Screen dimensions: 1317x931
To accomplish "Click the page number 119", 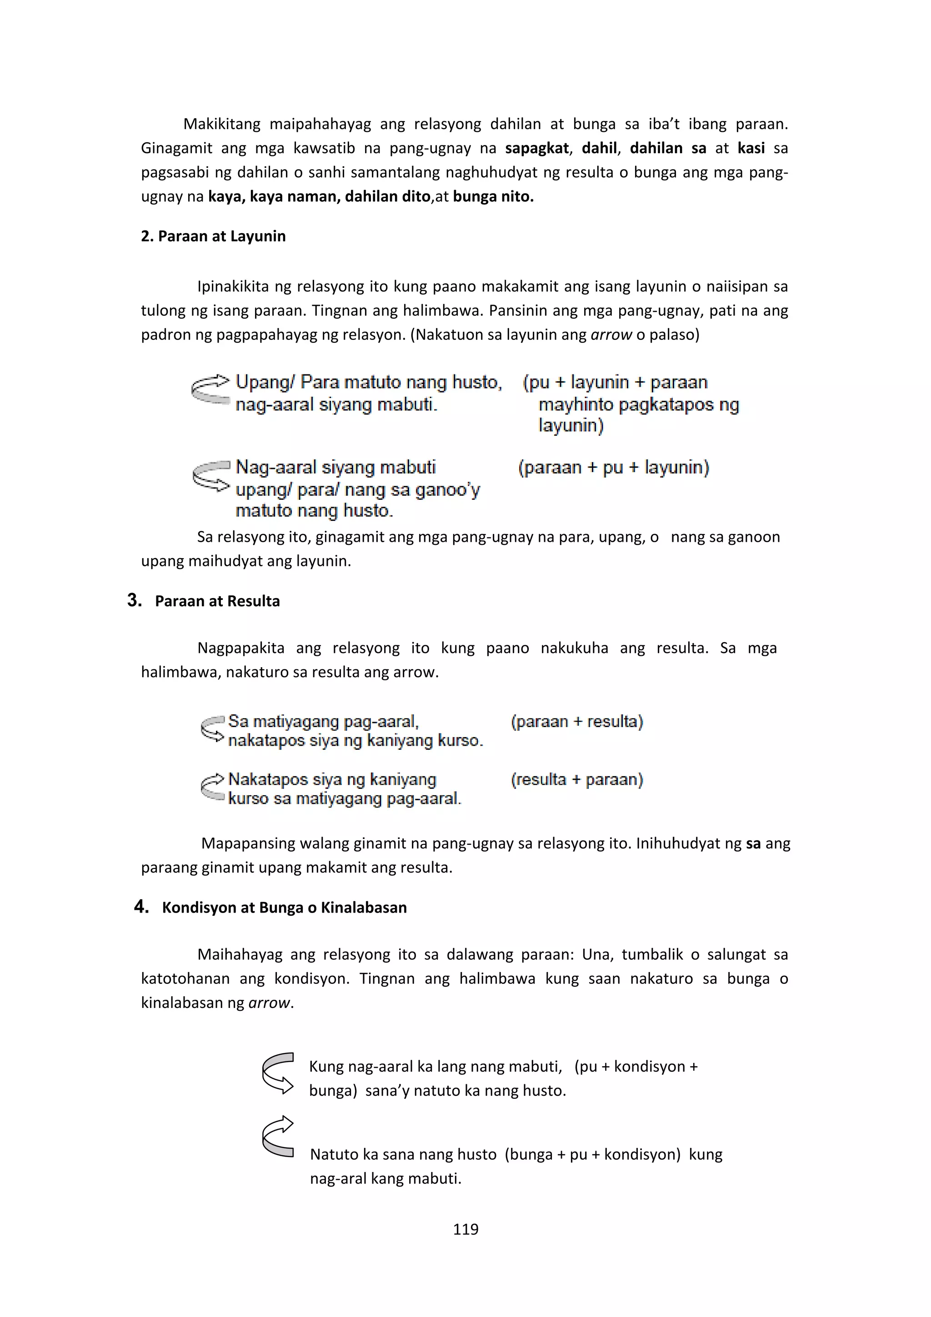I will click(x=465, y=1229).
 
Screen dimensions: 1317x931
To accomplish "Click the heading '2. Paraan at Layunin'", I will click(x=213, y=236).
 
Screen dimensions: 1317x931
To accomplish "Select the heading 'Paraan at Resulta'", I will click(x=217, y=601).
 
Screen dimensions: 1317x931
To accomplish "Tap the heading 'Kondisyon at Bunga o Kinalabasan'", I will click(x=284, y=908).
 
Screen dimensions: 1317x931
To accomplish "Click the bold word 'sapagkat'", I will click(x=537, y=149).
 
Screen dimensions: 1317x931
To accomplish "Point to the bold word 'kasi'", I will click(x=751, y=149).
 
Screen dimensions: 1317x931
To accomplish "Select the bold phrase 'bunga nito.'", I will click(x=493, y=197).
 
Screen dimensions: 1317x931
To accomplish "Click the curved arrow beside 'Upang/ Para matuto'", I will click(x=210, y=389).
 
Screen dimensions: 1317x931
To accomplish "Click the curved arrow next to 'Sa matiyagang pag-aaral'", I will click(x=212, y=728).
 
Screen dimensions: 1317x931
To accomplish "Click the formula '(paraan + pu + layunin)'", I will click(x=613, y=468).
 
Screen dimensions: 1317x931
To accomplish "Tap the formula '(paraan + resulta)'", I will click(x=576, y=722).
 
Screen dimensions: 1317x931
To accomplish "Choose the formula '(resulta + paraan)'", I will click(x=576, y=779).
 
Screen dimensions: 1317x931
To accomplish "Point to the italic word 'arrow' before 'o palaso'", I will click(x=611, y=335).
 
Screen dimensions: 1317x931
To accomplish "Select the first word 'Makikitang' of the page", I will click(x=221, y=125).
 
